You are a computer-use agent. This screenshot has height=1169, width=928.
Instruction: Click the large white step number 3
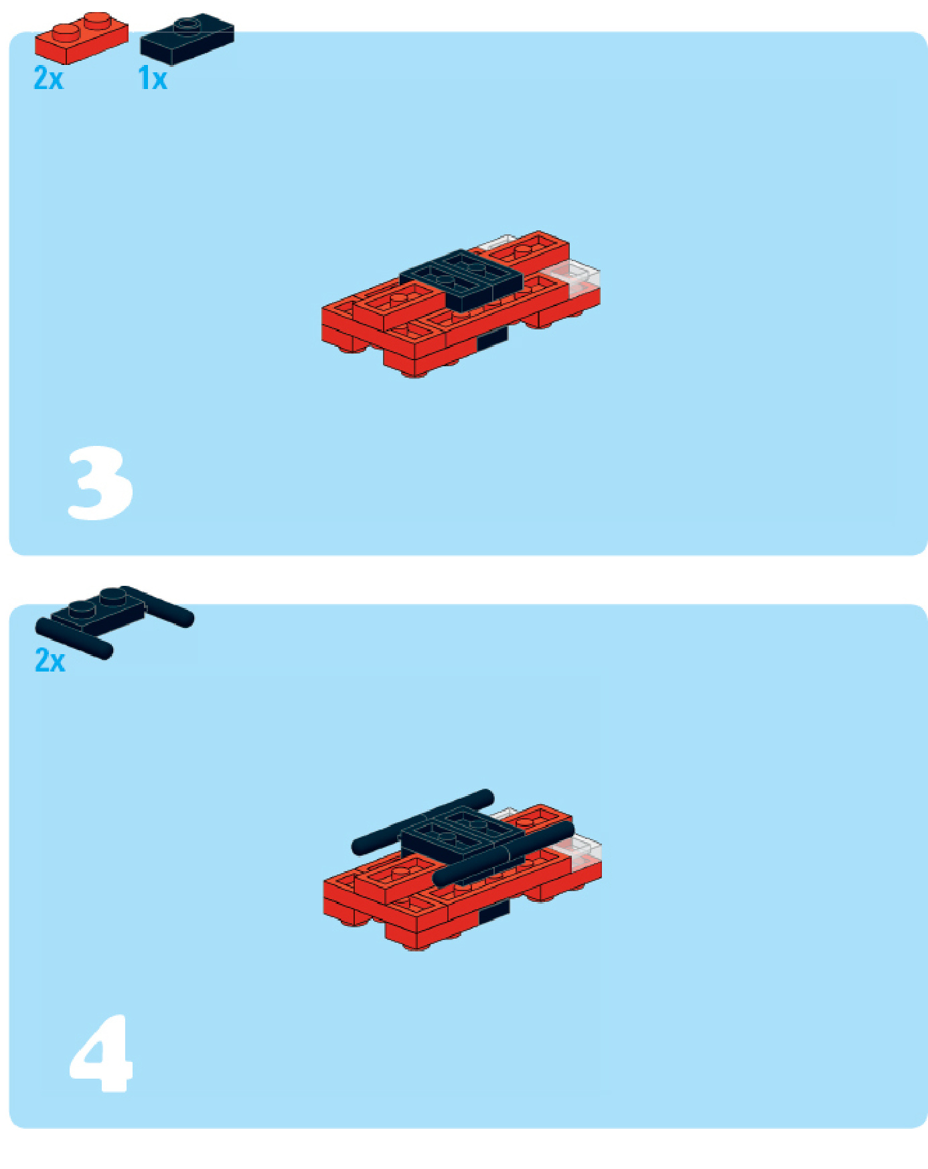(100, 483)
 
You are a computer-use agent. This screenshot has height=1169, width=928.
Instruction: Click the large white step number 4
(102, 1054)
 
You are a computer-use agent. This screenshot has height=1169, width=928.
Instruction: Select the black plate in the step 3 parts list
(187, 39)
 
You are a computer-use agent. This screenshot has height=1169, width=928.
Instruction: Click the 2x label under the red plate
(48, 78)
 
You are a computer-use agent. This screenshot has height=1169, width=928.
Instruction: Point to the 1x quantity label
(153, 78)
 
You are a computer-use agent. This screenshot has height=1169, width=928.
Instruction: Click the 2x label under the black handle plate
(50, 660)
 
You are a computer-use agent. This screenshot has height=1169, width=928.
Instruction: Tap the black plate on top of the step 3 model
(462, 279)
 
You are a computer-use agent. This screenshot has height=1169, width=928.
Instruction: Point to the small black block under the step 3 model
(492, 338)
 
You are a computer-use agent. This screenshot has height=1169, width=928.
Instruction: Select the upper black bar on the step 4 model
(423, 822)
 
